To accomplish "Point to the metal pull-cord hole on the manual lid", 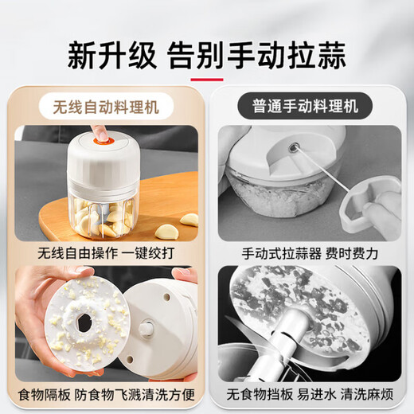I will [x=293, y=147].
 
